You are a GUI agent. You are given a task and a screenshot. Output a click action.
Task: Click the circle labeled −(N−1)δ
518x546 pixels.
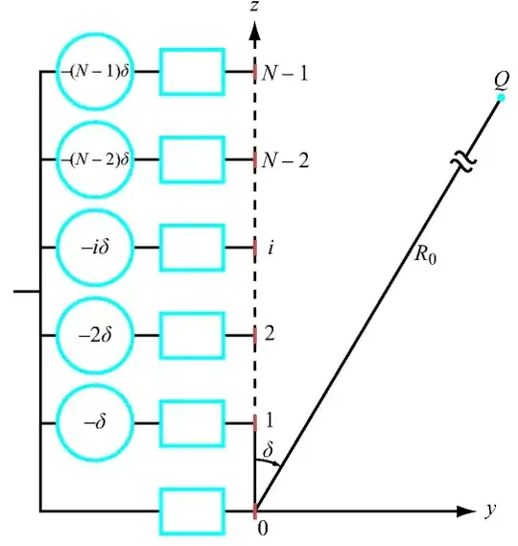coord(96,71)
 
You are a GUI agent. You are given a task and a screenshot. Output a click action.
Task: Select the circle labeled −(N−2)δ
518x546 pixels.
coord(96,159)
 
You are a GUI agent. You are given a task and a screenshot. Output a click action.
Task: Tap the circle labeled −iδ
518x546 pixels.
coord(96,248)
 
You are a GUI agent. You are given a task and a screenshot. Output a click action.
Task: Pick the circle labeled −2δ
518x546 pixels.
coord(96,335)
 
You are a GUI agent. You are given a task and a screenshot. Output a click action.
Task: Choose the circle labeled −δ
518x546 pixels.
coord(96,422)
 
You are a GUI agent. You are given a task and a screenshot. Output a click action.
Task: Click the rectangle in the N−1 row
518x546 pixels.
coord(192,71)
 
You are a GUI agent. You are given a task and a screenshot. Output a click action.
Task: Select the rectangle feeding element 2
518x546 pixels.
coord(192,335)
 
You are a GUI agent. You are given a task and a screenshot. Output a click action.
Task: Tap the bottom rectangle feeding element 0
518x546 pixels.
coord(192,509)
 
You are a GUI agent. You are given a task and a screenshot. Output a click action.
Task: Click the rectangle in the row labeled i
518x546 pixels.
coord(192,248)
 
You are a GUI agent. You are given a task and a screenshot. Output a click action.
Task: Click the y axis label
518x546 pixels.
coord(490,510)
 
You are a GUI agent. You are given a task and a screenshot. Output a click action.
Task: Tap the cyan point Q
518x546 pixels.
coord(500,98)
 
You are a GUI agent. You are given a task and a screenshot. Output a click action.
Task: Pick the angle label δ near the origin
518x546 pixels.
coord(268,449)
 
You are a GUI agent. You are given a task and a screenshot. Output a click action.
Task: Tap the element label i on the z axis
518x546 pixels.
coord(271,248)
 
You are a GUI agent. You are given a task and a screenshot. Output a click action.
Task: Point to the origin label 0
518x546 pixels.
coord(261,527)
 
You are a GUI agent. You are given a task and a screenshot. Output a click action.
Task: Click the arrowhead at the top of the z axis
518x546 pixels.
coord(255,37)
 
